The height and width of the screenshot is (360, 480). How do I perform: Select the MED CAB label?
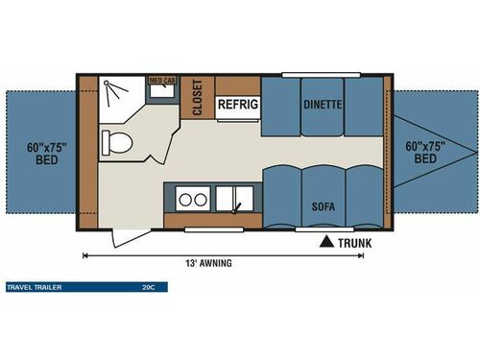click(160, 82)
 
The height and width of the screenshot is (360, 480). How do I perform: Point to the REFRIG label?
click(235, 104)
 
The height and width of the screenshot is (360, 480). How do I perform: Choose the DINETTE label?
click(323, 104)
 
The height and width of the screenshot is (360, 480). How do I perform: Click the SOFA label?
click(322, 205)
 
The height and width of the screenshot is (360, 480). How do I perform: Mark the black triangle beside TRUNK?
click(328, 241)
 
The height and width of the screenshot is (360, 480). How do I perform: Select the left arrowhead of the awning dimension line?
click(86, 254)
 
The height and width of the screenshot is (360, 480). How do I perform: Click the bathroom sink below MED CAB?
click(159, 95)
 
